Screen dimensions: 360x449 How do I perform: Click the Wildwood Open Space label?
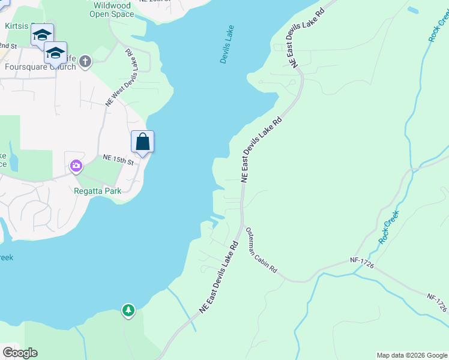point(110,9)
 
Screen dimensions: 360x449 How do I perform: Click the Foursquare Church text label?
point(40,67)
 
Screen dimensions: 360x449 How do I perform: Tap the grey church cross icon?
point(85,61)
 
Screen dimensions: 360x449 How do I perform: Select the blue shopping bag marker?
point(142,142)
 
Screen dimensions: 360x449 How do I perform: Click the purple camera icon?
point(76,166)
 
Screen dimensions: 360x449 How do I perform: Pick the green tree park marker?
point(128,310)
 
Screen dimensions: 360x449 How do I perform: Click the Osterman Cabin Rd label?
point(261,251)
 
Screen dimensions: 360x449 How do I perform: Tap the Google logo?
point(20,352)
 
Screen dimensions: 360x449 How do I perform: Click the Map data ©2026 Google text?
point(412,355)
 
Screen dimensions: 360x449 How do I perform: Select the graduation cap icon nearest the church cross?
point(55,53)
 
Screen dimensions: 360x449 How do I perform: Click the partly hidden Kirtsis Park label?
point(18,27)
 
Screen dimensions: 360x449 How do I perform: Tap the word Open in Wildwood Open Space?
point(104,13)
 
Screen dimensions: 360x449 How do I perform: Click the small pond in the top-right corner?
point(412,10)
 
